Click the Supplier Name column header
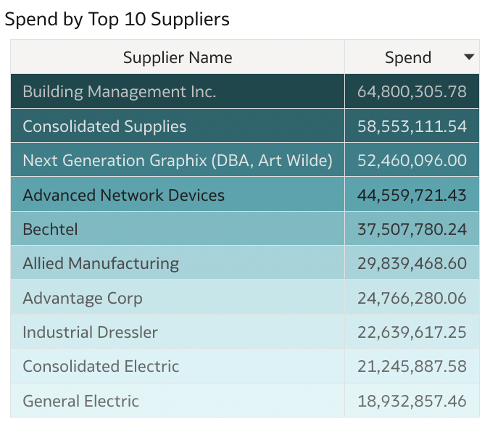tap(178, 58)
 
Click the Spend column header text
tap(407, 58)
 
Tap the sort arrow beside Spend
tap(469, 57)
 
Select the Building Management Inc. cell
tap(120, 92)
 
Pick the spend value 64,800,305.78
tap(412, 92)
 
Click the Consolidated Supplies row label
tap(104, 127)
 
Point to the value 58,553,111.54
tap(412, 127)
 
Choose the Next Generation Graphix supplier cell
tap(178, 161)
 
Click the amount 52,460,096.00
tap(412, 161)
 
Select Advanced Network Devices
tap(124, 195)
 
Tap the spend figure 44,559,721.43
tap(412, 195)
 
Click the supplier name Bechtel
tap(50, 230)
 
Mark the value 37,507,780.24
tap(412, 230)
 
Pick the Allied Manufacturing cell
tap(101, 264)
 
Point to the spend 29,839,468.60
tap(412, 264)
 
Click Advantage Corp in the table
tap(83, 299)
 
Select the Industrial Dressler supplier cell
tap(90, 333)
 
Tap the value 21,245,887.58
tap(412, 367)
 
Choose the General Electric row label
tap(80, 401)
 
